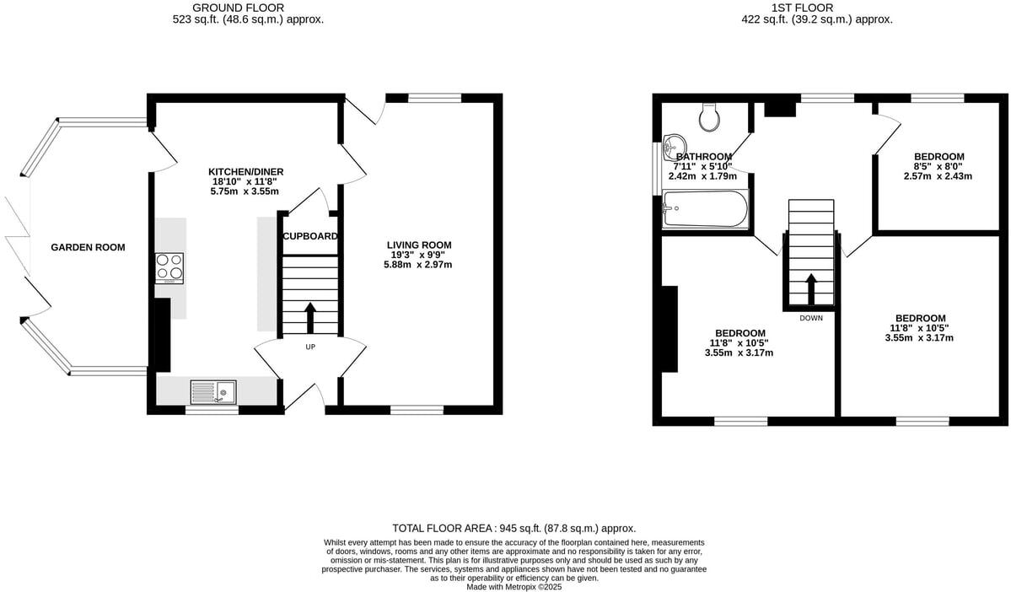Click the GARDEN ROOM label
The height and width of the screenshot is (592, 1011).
[x=88, y=247]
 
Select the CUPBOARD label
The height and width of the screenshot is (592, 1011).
[x=310, y=236]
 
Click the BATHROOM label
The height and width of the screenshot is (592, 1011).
[x=703, y=157]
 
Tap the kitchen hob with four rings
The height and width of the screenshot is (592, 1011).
[x=169, y=267]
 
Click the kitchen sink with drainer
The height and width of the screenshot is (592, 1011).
[x=213, y=391]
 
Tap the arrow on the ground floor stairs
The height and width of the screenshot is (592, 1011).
[x=309, y=318]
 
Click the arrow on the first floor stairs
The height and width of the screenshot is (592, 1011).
[x=811, y=288]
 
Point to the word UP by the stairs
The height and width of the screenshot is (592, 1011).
[x=310, y=347]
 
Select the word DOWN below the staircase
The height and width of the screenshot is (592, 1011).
[x=811, y=318]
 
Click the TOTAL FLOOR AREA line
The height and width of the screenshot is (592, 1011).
[x=514, y=528]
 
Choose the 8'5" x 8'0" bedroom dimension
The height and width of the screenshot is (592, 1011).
[x=938, y=167]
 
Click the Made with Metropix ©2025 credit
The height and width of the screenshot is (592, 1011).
[x=514, y=587]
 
